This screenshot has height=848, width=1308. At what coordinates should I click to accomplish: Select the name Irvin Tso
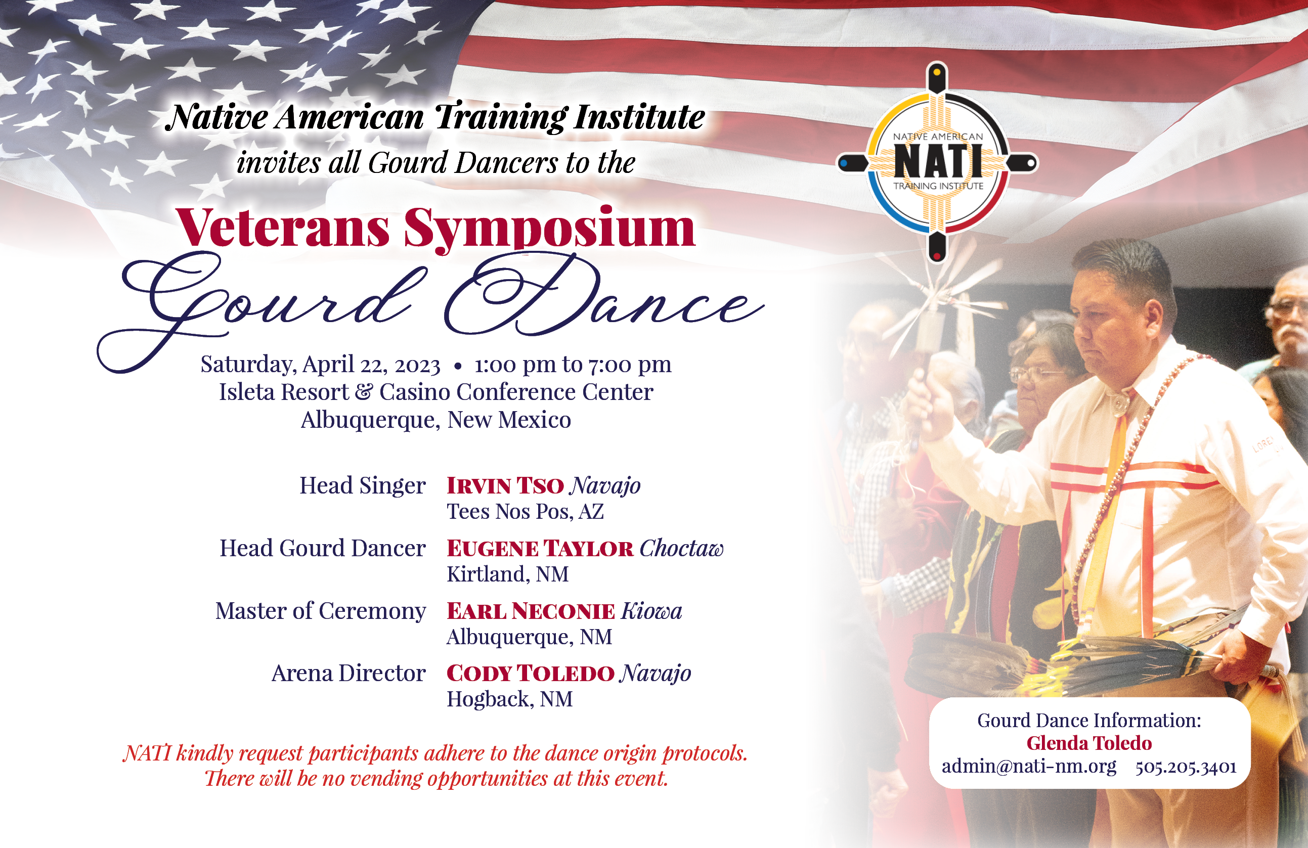point(505,485)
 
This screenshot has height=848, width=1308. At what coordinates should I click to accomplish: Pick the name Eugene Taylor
point(540,548)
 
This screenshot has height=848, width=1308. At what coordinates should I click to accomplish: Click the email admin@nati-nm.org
point(1029,766)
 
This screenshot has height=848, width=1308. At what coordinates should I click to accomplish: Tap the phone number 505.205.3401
point(1186,767)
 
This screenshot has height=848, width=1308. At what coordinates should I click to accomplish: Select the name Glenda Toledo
point(1088,743)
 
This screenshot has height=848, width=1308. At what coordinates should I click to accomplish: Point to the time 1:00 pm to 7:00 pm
point(573,365)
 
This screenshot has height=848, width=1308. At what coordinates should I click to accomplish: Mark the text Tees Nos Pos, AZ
point(525,512)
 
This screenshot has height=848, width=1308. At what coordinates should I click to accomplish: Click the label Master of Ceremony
point(320,610)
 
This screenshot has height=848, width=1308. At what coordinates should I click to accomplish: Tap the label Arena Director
point(348,673)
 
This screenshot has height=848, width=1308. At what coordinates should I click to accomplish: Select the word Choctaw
point(681,548)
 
